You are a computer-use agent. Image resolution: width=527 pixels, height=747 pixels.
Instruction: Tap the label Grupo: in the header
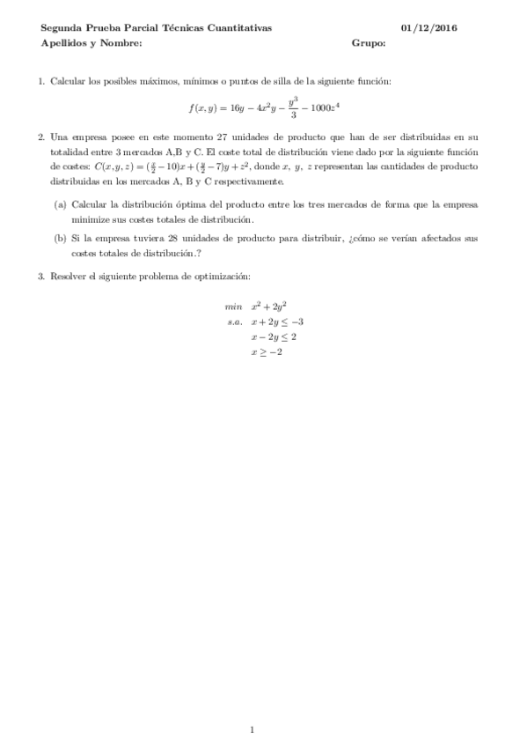pos(369,42)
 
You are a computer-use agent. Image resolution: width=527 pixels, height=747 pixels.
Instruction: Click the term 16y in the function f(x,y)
pos(229,108)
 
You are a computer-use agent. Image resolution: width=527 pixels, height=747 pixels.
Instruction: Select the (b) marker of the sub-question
pos(60,238)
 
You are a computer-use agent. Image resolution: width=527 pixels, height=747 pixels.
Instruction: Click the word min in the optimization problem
pos(233,307)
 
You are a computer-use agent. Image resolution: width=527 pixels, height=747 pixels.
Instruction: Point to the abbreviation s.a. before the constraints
pos(235,322)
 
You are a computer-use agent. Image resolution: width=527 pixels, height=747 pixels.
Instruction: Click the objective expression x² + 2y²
pos(268,307)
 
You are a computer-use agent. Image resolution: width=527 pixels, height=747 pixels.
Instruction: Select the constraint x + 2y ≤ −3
pos(277,322)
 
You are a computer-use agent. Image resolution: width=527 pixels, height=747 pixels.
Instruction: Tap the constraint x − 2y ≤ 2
pos(274,337)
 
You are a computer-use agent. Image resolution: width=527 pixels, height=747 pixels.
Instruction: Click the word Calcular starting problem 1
pos(68,81)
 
